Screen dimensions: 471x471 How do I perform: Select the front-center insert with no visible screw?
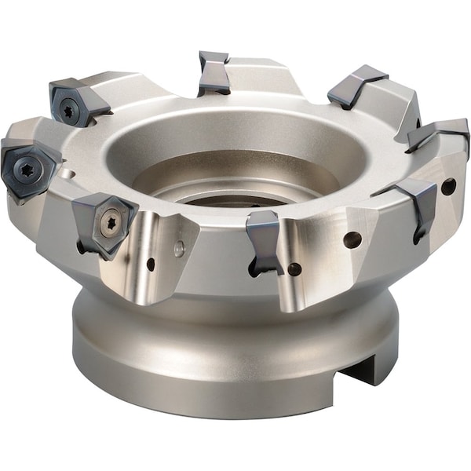pos(263,239)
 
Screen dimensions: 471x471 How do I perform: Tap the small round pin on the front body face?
pos(180,250)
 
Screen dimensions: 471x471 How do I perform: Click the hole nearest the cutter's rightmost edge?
pos(448,187)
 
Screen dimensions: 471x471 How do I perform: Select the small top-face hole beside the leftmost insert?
pos(69,173)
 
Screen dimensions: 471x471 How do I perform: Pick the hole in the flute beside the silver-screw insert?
pos(150,265)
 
